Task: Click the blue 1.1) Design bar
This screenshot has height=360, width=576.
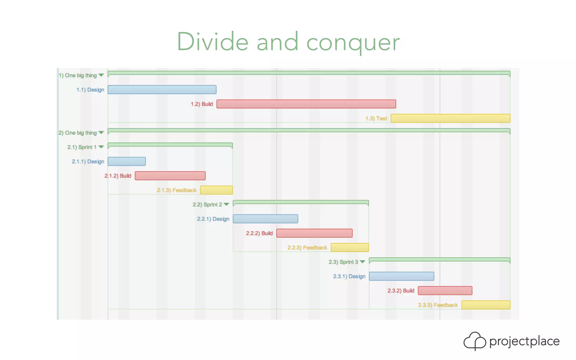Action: (162, 90)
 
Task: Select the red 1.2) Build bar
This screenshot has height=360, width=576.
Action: (306, 104)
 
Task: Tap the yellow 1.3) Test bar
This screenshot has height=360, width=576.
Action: (450, 118)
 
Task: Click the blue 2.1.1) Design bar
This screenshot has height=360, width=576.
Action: (127, 161)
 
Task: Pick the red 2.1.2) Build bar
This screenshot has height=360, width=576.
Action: (170, 176)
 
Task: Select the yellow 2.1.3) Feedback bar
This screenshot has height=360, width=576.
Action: (216, 190)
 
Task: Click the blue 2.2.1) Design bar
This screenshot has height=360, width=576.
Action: (265, 219)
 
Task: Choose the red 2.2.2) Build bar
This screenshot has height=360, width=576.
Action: (314, 233)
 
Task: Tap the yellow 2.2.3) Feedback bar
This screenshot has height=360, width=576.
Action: (350, 247)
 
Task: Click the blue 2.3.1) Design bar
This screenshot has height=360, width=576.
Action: (401, 276)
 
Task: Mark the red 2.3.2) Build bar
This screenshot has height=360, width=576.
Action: (445, 291)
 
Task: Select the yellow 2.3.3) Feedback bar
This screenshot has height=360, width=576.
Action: (486, 305)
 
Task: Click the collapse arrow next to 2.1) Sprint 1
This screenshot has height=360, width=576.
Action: (101, 147)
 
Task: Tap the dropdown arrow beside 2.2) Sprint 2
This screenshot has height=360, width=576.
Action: (226, 204)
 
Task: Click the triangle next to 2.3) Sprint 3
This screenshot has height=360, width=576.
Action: (363, 262)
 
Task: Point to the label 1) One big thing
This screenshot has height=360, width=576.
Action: (78, 75)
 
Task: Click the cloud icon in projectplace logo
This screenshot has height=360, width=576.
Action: (474, 341)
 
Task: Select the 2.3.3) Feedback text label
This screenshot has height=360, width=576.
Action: (438, 305)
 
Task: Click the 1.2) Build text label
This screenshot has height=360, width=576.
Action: (202, 104)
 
